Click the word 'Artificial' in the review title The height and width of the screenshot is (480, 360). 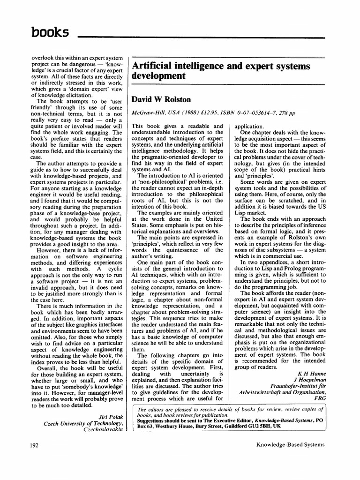(155, 66)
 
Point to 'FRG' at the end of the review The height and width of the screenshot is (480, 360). (318, 400)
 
